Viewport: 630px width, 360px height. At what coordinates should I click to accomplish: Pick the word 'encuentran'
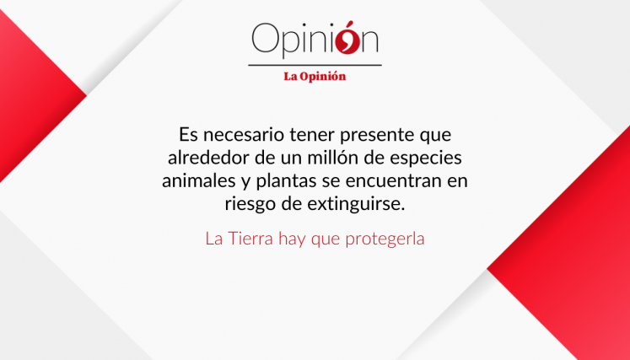[394, 180]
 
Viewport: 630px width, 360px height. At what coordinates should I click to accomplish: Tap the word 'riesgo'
[250, 203]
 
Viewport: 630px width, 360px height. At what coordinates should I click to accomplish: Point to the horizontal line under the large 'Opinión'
[315, 64]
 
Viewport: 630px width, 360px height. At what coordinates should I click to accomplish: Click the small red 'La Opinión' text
[315, 76]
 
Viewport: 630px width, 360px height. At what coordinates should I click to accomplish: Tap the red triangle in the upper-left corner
[25, 93]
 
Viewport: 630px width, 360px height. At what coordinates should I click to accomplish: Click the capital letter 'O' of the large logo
[265, 39]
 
